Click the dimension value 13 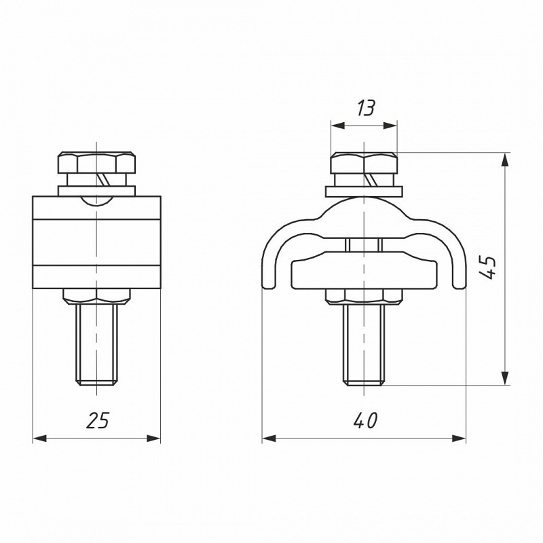click(366, 109)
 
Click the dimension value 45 click(488, 267)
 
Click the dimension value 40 click(365, 421)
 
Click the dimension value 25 click(97, 420)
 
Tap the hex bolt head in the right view click(364, 163)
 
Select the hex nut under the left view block click(96, 297)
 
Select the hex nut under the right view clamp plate click(364, 297)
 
